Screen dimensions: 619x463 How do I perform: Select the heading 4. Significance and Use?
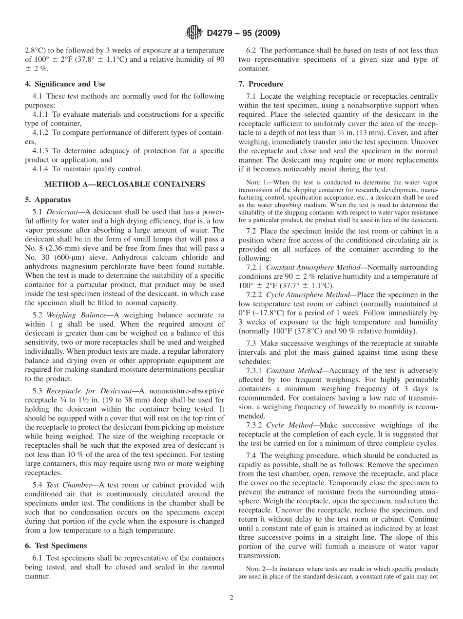click(x=65, y=84)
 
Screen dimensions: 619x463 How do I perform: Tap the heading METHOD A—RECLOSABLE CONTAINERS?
click(x=124, y=184)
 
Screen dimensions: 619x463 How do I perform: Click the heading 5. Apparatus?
click(x=47, y=200)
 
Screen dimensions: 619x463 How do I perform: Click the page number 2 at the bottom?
click(x=231, y=598)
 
